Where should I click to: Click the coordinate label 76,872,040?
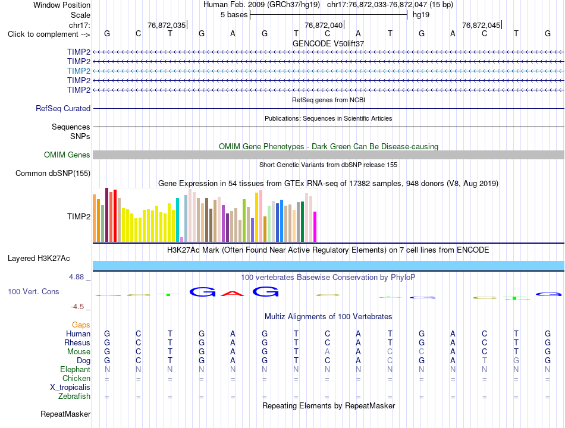click(324, 25)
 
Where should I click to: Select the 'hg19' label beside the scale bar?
click(421, 15)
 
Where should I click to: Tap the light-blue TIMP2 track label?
click(79, 71)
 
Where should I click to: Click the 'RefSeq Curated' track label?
click(63, 108)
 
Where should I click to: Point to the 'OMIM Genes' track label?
click(67, 155)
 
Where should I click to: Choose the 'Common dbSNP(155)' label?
click(53, 174)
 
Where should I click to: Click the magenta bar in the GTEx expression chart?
click(315, 226)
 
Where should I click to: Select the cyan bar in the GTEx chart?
click(177, 220)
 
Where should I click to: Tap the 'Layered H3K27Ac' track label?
click(39, 259)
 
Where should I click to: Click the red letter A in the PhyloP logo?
click(233, 293)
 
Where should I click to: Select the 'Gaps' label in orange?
click(81, 325)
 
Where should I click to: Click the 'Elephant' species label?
click(76, 370)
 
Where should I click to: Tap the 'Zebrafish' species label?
click(74, 396)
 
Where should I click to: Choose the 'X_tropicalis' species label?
click(70, 388)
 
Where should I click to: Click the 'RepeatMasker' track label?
click(65, 414)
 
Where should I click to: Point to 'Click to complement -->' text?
click(49, 34)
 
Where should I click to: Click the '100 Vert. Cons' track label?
click(33, 291)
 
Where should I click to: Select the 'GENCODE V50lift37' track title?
click(328, 43)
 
